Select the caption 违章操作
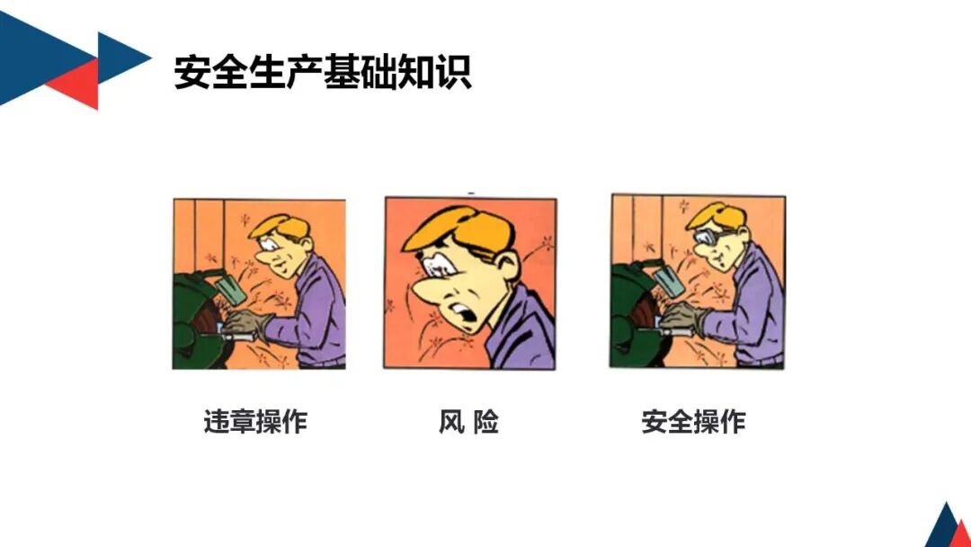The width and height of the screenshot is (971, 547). click(255, 421)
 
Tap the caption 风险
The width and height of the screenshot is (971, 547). click(468, 421)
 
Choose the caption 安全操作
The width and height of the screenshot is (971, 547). click(693, 421)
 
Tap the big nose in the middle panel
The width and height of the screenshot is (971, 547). click(429, 292)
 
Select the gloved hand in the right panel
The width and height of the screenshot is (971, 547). click(683, 317)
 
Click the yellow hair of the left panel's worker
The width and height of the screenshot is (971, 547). click(273, 225)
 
